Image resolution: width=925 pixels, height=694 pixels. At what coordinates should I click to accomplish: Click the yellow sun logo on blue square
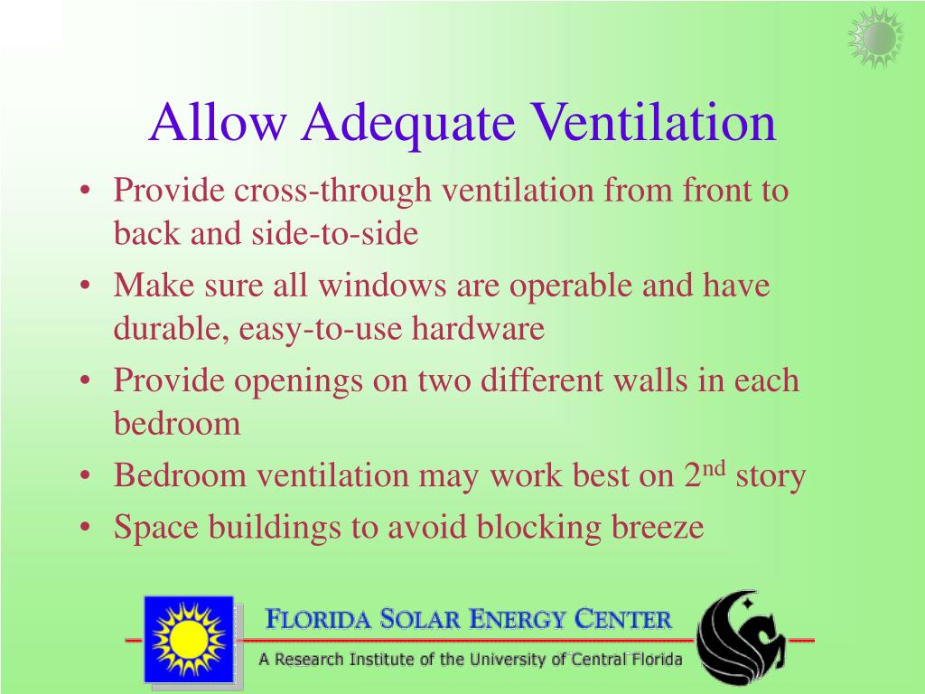coord(188,639)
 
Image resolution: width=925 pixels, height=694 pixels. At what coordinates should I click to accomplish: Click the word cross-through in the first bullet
coord(336,192)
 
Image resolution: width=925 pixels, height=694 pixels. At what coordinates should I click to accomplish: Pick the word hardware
coord(479,329)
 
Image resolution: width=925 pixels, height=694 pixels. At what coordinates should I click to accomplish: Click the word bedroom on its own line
coord(177,423)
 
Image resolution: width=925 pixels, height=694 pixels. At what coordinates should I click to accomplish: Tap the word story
coord(771,474)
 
